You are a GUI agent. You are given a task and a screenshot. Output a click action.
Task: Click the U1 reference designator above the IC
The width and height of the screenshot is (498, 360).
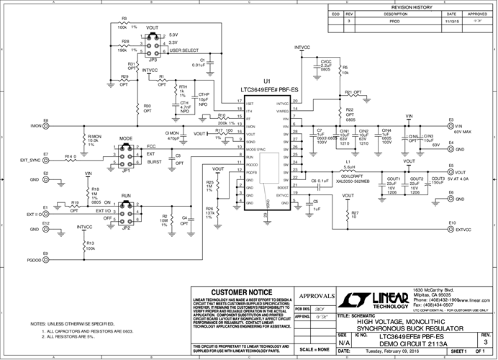click(267, 81)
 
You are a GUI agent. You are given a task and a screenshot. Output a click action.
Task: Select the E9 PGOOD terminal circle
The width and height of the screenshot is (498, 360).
click(45, 259)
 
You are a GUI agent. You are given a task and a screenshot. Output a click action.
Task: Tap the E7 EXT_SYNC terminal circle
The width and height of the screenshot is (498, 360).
click(45, 160)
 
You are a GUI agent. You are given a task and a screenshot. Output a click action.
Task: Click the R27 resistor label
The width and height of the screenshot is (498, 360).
click(355, 214)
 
